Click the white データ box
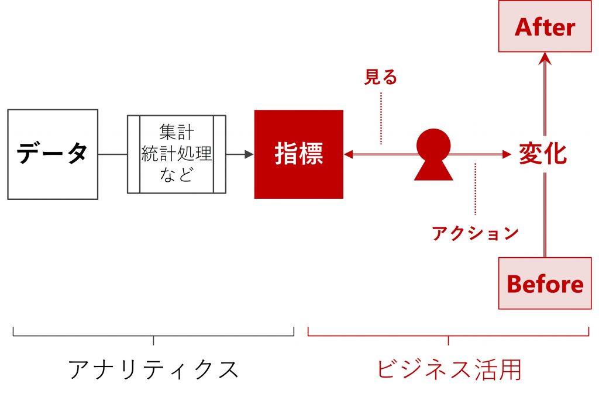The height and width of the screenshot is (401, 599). (52, 154)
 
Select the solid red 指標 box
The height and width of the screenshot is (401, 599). (298, 154)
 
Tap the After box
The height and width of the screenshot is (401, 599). (545, 27)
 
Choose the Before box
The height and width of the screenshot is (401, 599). (545, 284)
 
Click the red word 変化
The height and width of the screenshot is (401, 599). (543, 154)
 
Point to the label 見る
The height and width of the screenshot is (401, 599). (380, 77)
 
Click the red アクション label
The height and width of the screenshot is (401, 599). (475, 233)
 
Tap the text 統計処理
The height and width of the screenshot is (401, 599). (176, 154)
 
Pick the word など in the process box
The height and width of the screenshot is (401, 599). (176, 175)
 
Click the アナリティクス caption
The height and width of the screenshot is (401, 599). (153, 369)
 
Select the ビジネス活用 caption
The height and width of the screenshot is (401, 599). (448, 369)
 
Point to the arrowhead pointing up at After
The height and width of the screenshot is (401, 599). (545, 57)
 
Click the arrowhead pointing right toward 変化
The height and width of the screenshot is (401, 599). (507, 154)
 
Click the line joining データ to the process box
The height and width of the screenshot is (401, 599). (112, 154)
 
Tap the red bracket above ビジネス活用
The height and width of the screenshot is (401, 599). (448, 336)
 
